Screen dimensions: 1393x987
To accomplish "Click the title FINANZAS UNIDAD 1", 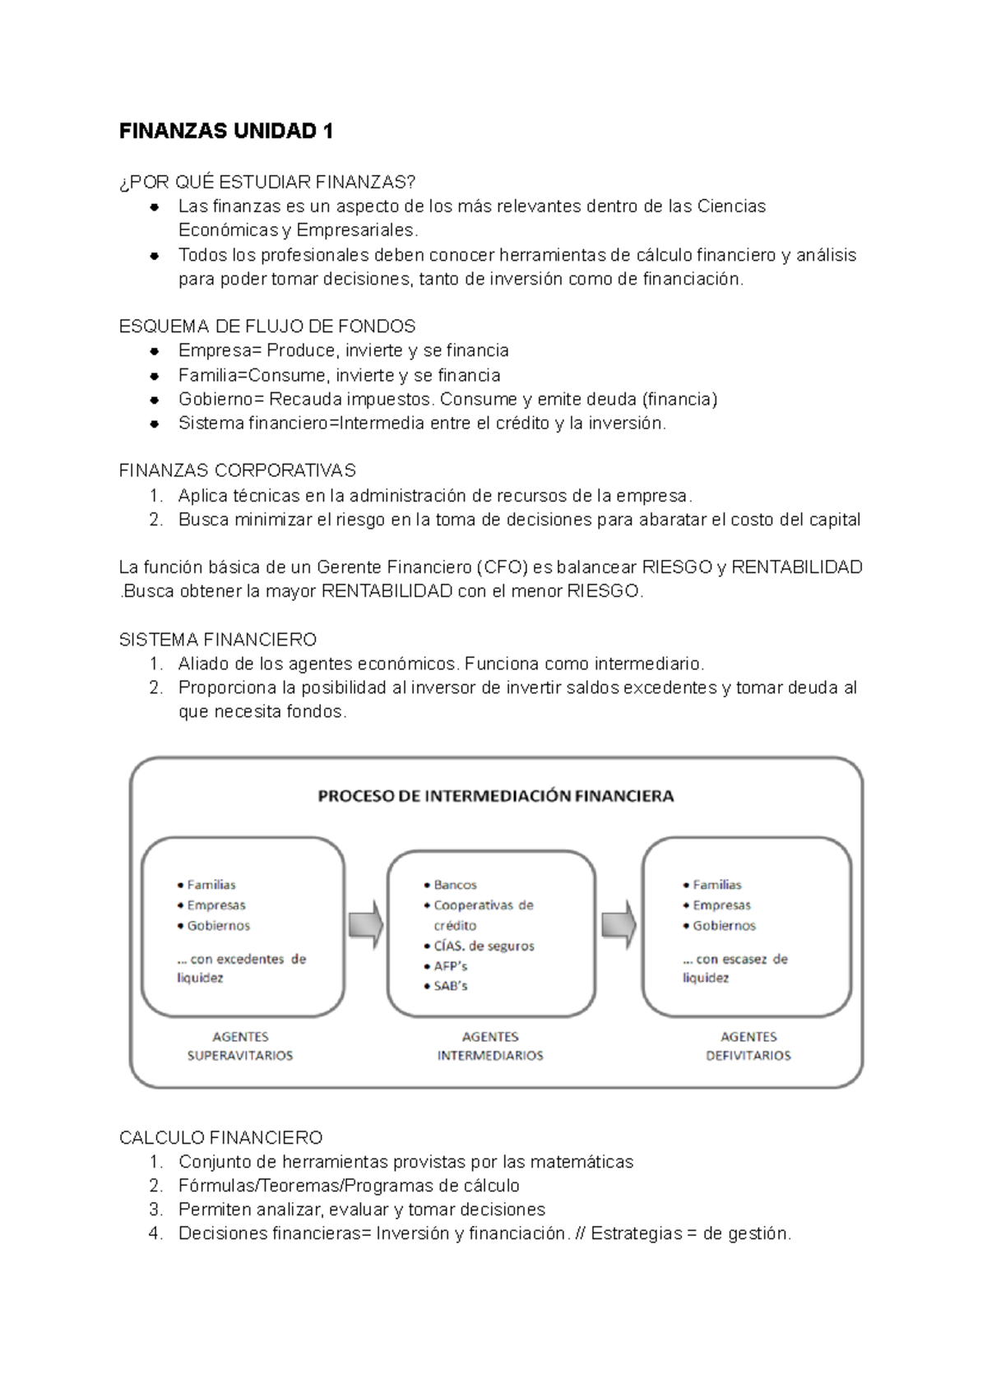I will click(226, 132).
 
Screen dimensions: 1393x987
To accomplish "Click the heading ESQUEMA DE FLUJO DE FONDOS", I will click(267, 326).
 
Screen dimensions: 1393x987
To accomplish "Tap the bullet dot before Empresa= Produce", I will click(154, 351).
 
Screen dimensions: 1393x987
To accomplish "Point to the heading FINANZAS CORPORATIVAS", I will click(238, 470).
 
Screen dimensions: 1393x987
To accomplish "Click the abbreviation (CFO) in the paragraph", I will click(502, 567).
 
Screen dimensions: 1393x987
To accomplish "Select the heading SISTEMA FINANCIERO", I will click(218, 640).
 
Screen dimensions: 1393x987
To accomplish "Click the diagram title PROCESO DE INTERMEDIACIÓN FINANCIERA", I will click(496, 796).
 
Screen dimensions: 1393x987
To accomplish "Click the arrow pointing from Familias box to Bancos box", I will click(366, 925).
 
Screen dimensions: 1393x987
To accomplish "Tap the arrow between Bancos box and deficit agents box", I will click(619, 925).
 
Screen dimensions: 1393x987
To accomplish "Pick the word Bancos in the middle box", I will click(455, 885).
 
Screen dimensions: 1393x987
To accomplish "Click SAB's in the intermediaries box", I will click(450, 986).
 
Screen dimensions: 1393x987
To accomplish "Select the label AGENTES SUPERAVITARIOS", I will click(240, 1046).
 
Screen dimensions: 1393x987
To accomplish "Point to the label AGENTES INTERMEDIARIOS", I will click(490, 1046).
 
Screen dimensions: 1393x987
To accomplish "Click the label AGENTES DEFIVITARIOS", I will click(748, 1046).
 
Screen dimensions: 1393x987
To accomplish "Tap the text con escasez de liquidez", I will click(734, 968).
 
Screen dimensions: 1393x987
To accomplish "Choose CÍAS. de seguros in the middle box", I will click(484, 946).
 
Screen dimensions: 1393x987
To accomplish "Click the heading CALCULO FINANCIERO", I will click(220, 1138).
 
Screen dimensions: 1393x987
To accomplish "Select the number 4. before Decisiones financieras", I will click(156, 1233).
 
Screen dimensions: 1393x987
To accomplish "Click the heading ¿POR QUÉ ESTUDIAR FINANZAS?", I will click(267, 183).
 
